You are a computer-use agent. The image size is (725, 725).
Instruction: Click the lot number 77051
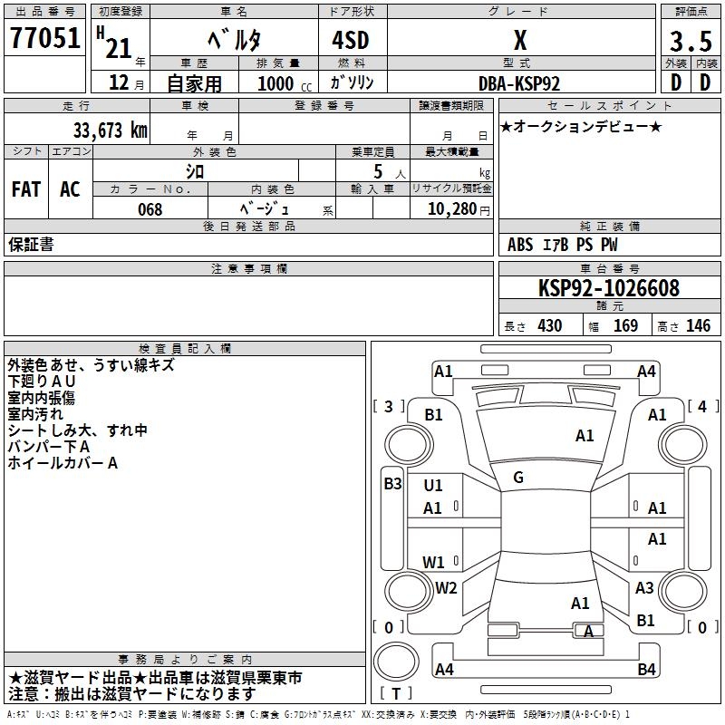pos(44,37)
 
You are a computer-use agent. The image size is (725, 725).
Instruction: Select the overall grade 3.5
pos(691,41)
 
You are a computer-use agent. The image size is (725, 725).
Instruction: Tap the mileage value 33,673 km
pos(110,130)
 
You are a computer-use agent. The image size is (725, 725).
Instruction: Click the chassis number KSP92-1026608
pos(609,288)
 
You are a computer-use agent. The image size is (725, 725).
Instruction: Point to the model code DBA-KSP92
pos(519,83)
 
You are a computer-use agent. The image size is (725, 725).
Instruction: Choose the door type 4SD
pos(351,40)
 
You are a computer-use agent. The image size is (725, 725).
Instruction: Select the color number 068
pos(150,209)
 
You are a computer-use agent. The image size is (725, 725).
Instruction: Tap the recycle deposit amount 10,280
pos(452,209)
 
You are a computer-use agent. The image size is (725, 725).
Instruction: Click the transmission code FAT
pos(26,189)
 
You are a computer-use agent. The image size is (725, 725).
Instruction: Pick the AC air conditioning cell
pos(71,189)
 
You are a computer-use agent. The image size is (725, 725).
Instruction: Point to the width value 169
pos(625,326)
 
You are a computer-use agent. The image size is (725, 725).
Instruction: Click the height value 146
pos(698,326)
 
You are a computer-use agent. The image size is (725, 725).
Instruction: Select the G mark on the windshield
pos(518,478)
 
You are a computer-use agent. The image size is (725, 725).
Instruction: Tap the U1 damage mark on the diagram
pos(433,485)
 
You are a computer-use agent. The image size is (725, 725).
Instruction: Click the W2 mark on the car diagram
pos(446,587)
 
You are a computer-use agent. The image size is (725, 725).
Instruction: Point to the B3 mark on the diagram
pos(392,484)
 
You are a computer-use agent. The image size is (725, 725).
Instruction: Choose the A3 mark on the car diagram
pos(644,587)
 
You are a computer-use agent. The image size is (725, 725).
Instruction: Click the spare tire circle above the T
pos(396,661)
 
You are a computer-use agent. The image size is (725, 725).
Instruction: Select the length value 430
pos(550,326)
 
